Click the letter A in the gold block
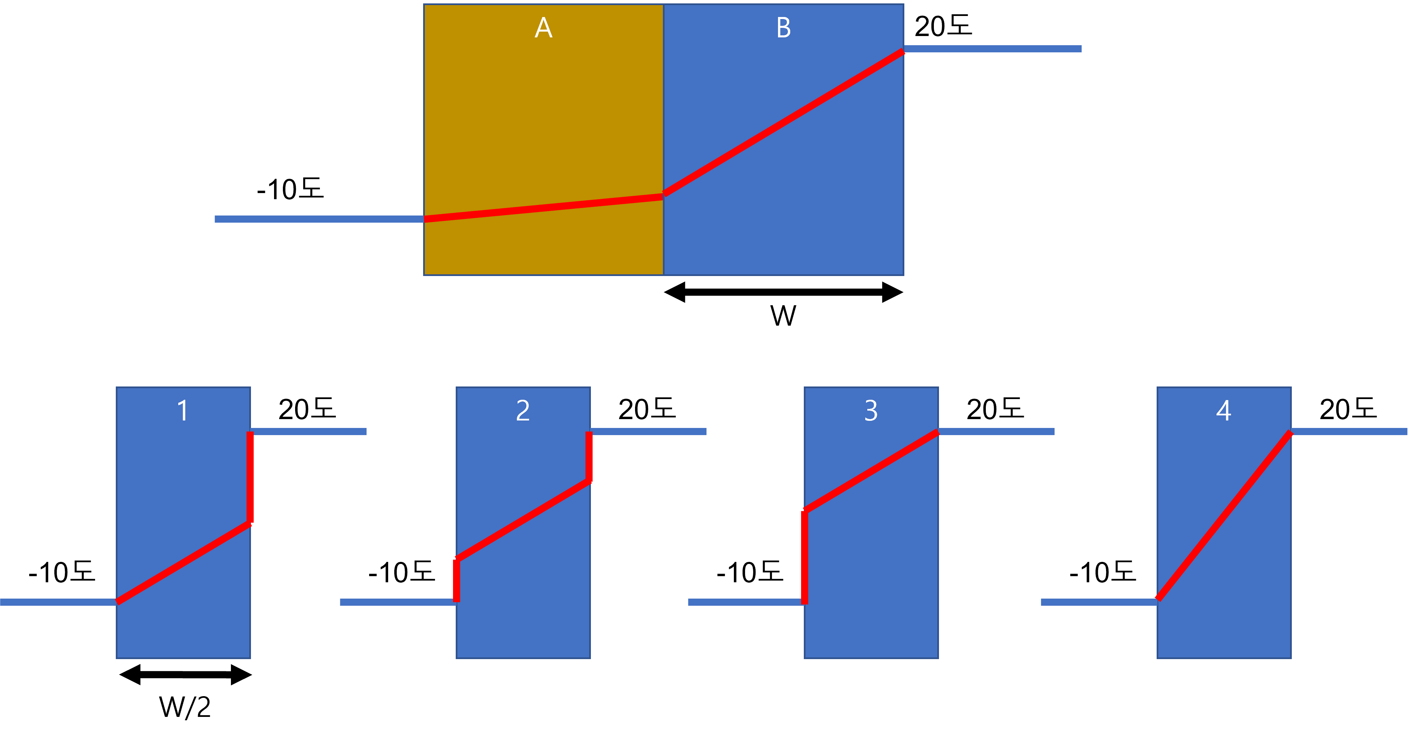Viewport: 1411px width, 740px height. [543, 28]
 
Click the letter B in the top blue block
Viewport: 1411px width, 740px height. [784, 28]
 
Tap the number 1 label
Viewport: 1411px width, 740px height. [183, 411]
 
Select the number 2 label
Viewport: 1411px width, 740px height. [523, 411]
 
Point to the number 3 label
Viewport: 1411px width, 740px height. [871, 411]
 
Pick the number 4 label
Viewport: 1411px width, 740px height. [1224, 411]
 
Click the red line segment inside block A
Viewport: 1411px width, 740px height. [543, 208]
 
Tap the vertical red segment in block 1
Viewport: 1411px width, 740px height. [250, 477]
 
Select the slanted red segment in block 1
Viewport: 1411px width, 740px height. [183, 563]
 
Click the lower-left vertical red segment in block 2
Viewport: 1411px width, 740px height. [456, 580]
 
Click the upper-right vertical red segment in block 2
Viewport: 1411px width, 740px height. [589, 456]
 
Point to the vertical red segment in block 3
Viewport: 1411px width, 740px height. [804, 556]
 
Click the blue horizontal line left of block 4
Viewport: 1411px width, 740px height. [1098, 602]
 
